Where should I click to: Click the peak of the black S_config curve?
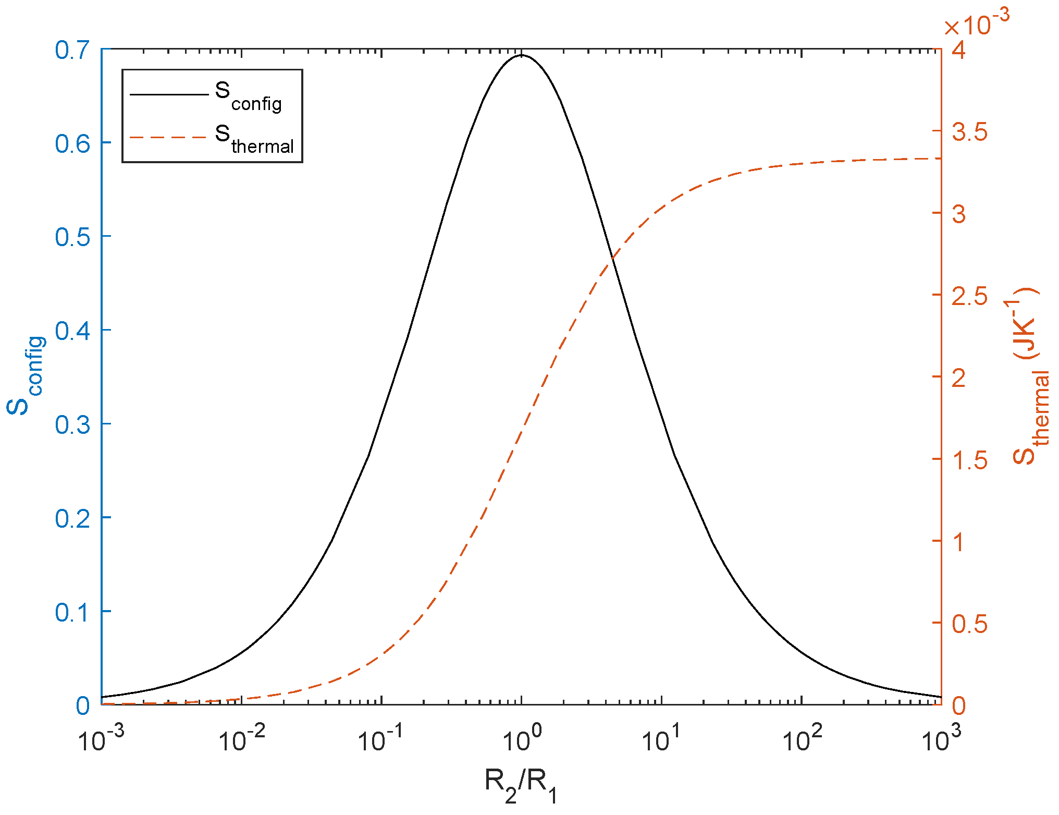(522, 55)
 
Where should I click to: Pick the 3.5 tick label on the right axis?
(969, 132)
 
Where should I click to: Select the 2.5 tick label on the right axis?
(969, 296)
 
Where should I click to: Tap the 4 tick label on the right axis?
(959, 50)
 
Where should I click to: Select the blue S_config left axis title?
(26, 375)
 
